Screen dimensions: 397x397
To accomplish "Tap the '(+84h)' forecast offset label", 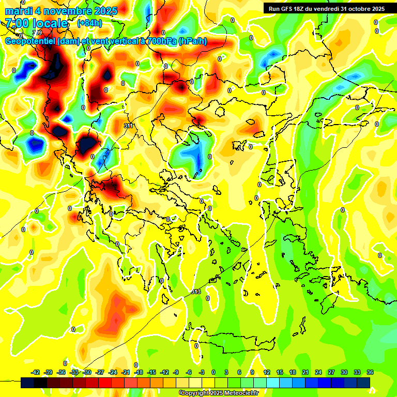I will coord(89,23).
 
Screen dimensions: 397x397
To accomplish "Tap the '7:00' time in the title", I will coord(17,23).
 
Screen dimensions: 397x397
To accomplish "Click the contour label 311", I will coord(129,126).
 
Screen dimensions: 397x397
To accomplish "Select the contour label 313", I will coord(195,292).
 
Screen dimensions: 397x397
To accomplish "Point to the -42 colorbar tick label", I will coord(36,372).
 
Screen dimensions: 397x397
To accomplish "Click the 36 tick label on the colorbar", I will coord(370,372).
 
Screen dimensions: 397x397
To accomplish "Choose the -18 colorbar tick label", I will coord(139,372).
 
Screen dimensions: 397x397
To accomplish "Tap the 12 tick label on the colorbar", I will coord(267,372).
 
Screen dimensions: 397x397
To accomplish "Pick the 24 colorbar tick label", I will coord(318,372).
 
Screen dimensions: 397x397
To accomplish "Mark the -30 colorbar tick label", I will coord(87,372).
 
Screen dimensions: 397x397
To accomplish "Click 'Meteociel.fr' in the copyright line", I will coord(240,393).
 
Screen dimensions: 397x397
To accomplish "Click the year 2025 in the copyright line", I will coord(215,393).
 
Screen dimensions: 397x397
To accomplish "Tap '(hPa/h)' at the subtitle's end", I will coord(193,41).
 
